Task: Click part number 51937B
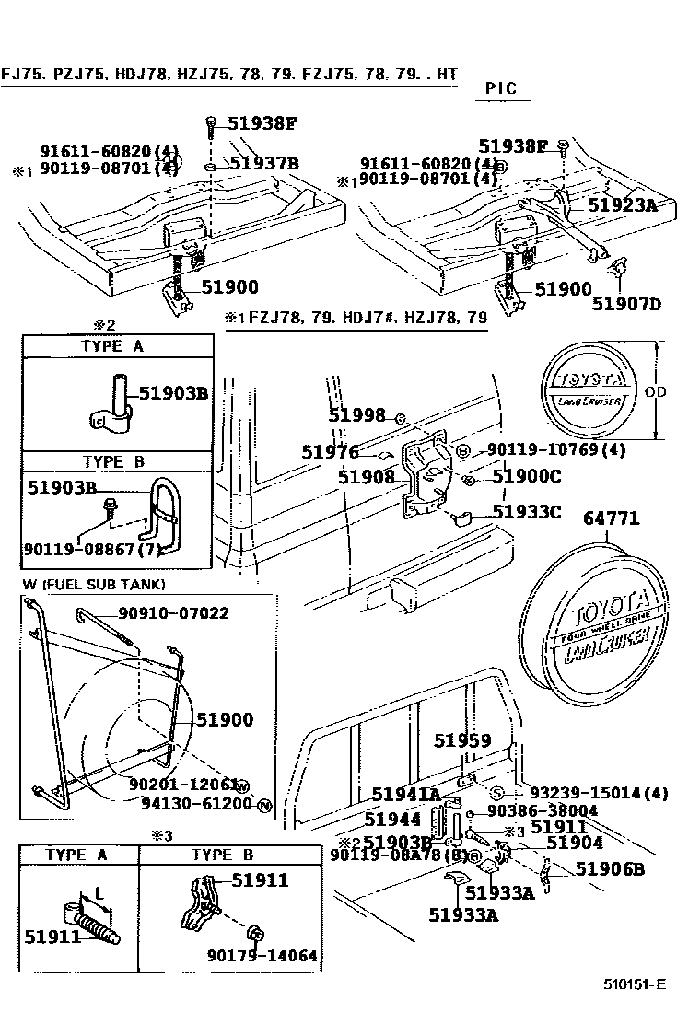click(x=264, y=164)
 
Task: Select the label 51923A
click(x=624, y=205)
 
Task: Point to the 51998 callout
click(x=357, y=416)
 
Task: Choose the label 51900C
click(x=526, y=476)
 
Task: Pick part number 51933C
click(x=526, y=511)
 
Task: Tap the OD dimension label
click(x=682, y=391)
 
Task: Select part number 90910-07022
click(x=173, y=613)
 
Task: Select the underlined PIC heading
click(x=500, y=89)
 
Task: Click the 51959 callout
click(x=462, y=740)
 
